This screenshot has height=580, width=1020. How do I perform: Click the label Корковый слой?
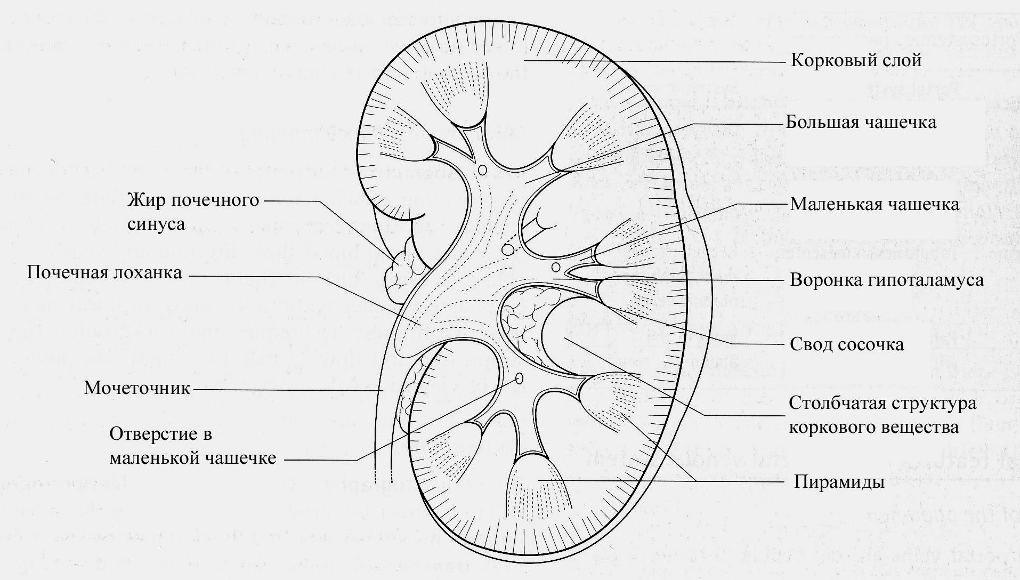(856, 60)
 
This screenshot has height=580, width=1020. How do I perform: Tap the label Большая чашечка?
(861, 122)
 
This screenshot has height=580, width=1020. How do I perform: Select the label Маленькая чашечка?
(874, 204)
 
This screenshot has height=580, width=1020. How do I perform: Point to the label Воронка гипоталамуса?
(886, 280)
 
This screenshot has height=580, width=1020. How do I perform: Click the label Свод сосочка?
(846, 344)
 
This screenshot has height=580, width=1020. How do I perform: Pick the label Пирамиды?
(839, 482)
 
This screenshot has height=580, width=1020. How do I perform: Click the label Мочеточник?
(137, 388)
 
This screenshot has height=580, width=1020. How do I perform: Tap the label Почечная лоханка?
(104, 273)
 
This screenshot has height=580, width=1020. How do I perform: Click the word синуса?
(157, 224)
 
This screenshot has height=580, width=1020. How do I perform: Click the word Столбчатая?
(835, 403)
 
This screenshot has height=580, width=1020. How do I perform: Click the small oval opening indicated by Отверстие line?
(519, 378)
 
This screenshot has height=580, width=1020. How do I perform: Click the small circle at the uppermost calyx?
(483, 170)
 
